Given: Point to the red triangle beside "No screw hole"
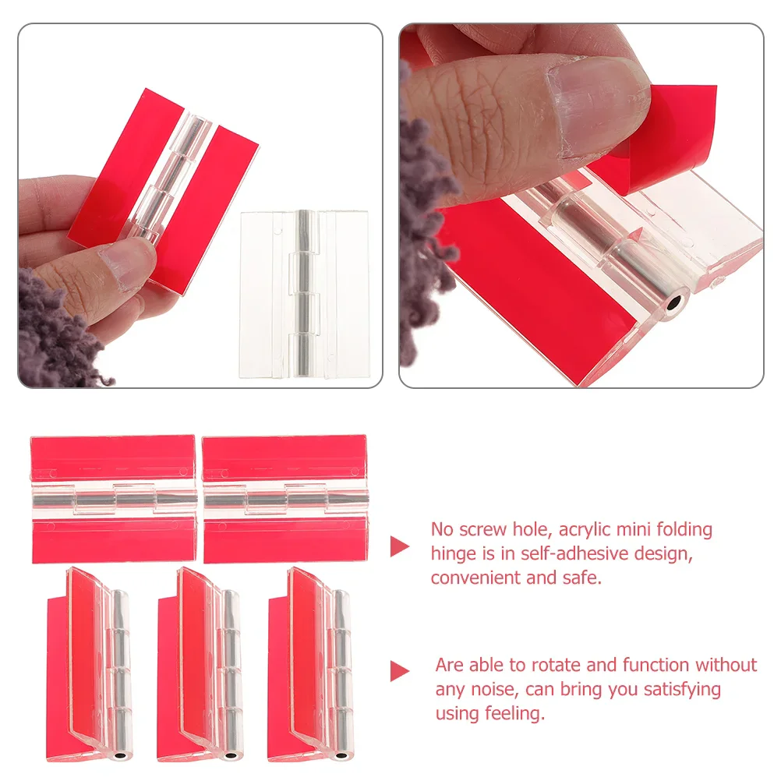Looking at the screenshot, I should [x=400, y=546].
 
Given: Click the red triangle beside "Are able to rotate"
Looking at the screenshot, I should [x=400, y=670].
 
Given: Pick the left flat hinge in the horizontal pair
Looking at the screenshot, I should [x=113, y=499].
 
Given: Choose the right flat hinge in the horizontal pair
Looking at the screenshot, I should [x=285, y=499].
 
